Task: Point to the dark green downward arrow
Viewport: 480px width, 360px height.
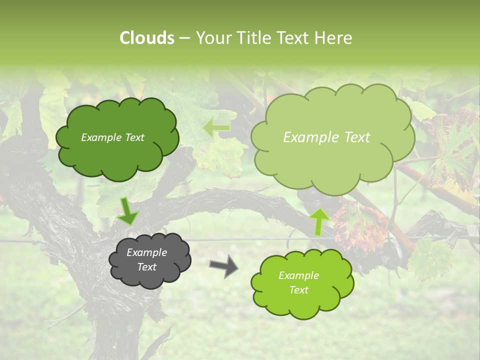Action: click(127, 210)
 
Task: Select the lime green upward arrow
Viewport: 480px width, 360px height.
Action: click(319, 220)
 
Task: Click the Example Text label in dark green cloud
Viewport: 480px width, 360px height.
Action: click(112, 137)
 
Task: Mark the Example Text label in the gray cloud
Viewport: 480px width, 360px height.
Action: click(146, 259)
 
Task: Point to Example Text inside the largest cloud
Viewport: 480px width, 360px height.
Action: click(326, 137)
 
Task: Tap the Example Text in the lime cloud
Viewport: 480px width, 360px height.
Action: click(298, 282)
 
